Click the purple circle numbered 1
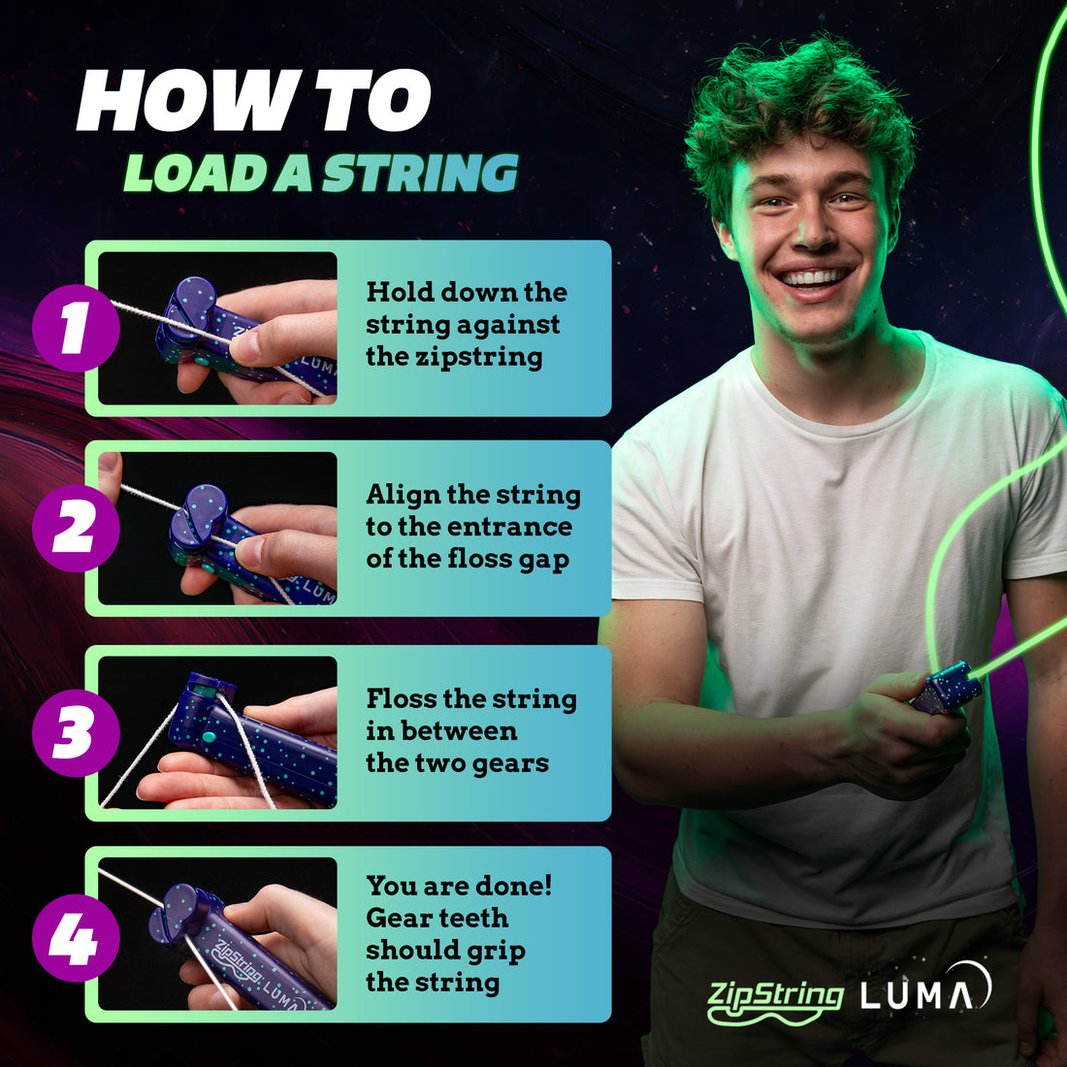click(76, 329)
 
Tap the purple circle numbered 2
click(76, 529)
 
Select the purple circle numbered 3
click(76, 732)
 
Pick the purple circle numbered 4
click(76, 937)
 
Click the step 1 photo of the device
click(218, 329)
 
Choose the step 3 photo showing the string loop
click(218, 732)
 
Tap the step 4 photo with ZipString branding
click(218, 935)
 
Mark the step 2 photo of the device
click(218, 529)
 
